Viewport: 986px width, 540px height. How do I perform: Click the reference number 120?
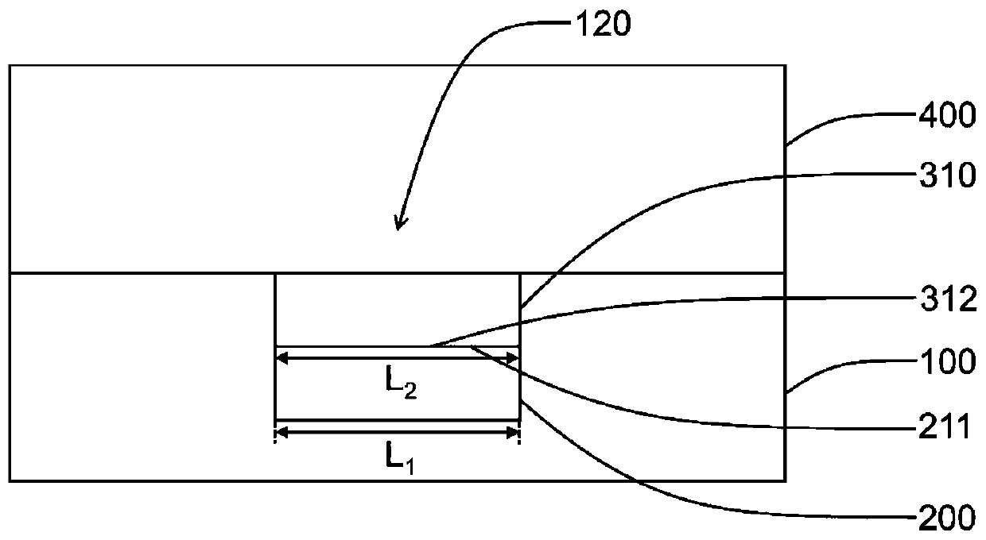tap(601, 25)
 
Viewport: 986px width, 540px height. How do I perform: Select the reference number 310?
tap(947, 176)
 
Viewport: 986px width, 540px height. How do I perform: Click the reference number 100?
tap(947, 363)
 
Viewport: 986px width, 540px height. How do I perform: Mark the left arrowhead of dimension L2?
tap(280, 359)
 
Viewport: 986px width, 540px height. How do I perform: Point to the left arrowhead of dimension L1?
tap(280, 433)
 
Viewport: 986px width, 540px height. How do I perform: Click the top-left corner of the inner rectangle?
tap(275, 274)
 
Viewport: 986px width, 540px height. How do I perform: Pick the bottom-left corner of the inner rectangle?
tap(275, 419)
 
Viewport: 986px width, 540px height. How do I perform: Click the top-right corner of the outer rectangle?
tap(786, 65)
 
